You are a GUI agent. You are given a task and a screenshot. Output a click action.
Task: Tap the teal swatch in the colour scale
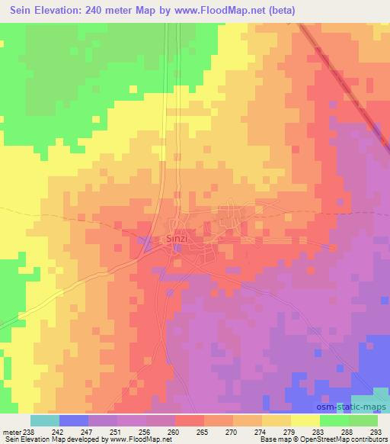pyautogui.click(x=44, y=420)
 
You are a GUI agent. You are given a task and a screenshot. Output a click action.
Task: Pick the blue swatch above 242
pyautogui.click(x=73, y=420)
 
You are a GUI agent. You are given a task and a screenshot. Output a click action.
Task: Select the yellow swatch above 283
pyautogui.click(x=305, y=420)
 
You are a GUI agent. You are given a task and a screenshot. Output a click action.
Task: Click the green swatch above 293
pyautogui.click(x=363, y=420)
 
